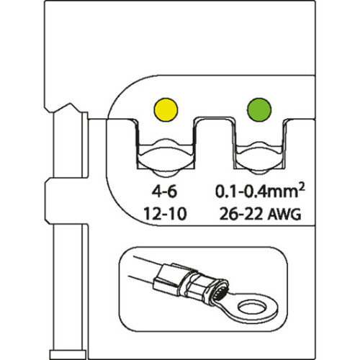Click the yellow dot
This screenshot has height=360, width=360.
click(166, 109)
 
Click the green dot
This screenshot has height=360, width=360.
click(259, 109)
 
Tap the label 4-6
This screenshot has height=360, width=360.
click(165, 192)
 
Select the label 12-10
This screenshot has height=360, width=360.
click(165, 214)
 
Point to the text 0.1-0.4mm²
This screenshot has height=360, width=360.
click(260, 191)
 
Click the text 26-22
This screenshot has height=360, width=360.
click(241, 214)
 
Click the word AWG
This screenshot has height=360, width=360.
click(284, 214)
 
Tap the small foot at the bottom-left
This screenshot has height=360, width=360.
click(68, 354)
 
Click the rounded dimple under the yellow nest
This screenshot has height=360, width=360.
click(166, 174)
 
